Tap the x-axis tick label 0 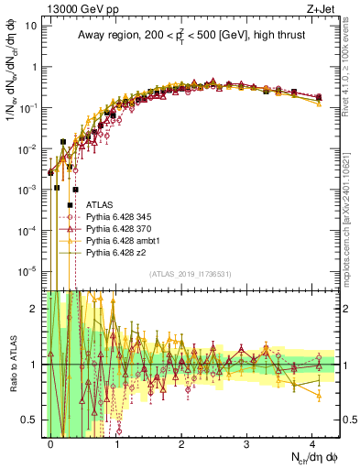click(50, 442)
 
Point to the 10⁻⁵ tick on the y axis click(31, 270)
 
